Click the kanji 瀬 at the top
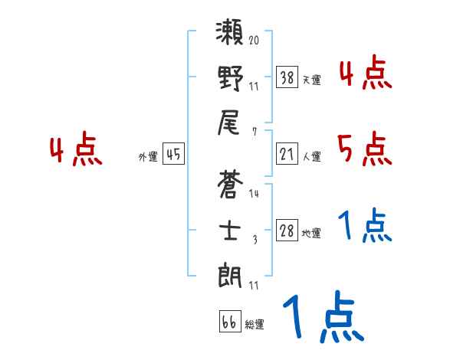[x=230, y=36]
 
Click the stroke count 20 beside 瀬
[x=254, y=38]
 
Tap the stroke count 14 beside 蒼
[x=254, y=194]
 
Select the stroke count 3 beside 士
[x=254, y=238]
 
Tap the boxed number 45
[x=173, y=155]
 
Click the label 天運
[x=311, y=80]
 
